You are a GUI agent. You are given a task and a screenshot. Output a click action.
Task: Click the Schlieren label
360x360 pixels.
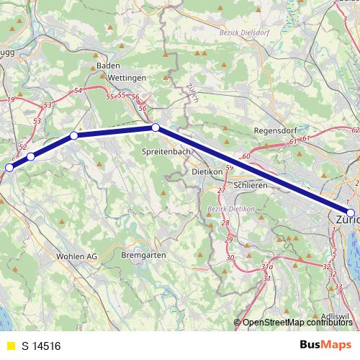[x=251, y=185]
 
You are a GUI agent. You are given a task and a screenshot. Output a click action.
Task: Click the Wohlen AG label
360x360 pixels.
[x=76, y=256]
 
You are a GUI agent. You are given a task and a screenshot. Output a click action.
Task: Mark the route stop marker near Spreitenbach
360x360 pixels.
[x=156, y=127]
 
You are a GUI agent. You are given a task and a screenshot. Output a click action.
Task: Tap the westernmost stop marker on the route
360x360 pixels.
[x=9, y=168]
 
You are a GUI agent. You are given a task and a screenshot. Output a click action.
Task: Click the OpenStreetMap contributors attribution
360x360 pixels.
[x=295, y=322]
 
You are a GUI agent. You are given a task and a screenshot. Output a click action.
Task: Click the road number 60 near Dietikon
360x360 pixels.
[x=246, y=156]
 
